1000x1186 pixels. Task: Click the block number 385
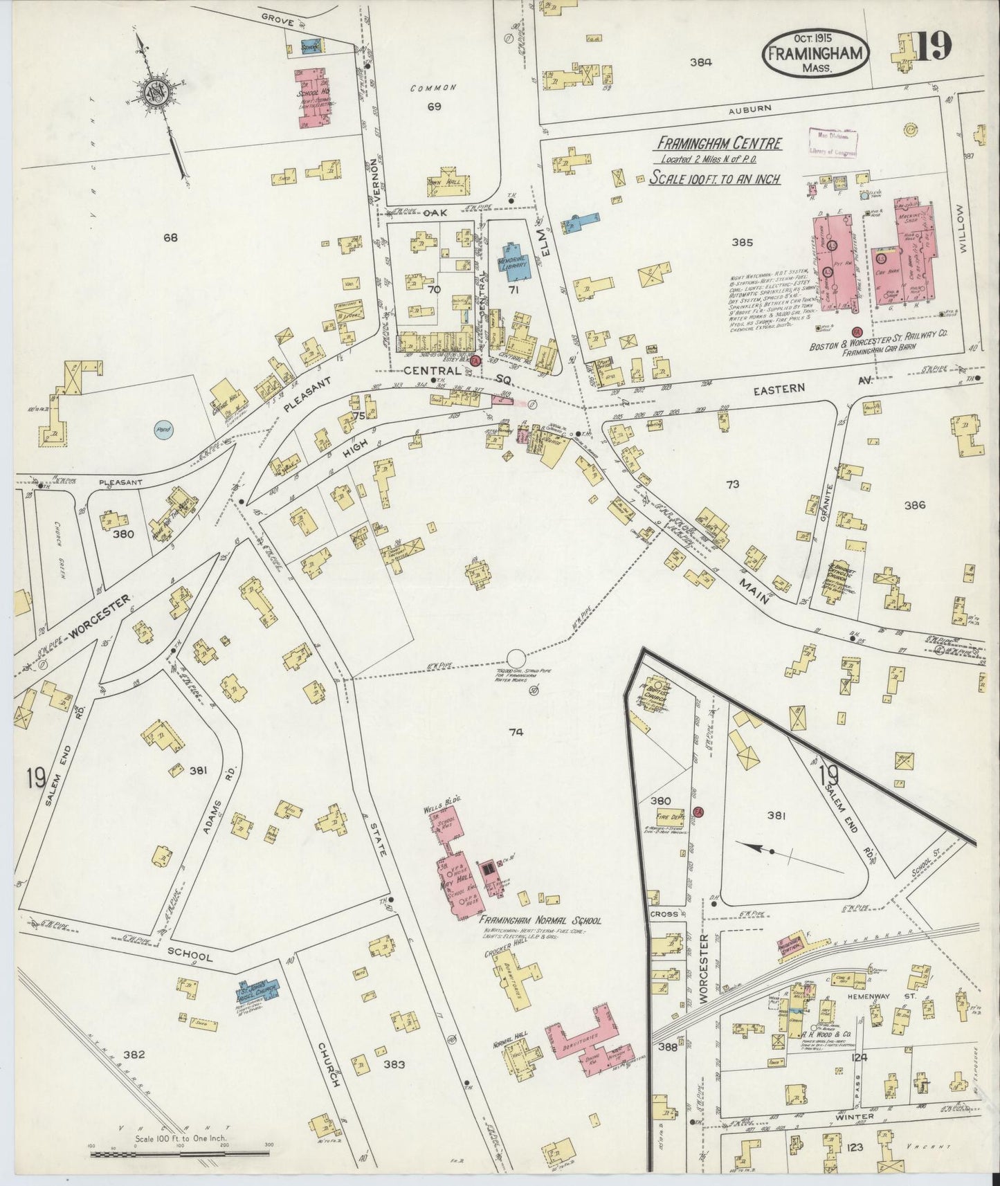(741, 243)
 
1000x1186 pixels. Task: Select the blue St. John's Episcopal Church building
(257, 992)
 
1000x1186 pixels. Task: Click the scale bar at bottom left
(180, 1151)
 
